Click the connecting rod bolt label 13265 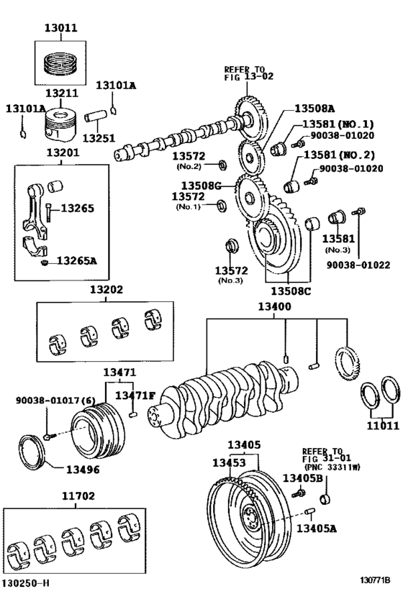click(x=77, y=209)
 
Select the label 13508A click(x=314, y=109)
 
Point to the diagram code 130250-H click(x=27, y=580)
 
